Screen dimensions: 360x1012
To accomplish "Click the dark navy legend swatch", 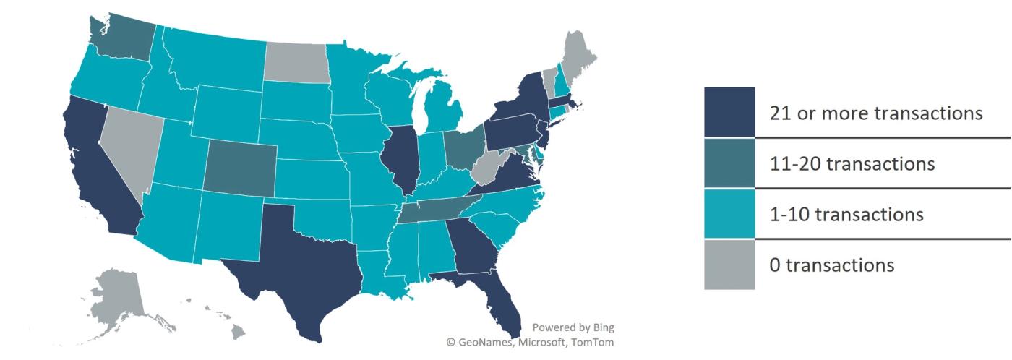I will pyautogui.click(x=729, y=112).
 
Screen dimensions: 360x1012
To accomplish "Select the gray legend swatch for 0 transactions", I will pyautogui.click(x=729, y=265).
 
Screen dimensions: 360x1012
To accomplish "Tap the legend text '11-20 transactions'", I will pyautogui.click(x=852, y=164).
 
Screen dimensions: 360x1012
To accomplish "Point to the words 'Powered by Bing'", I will pyautogui.click(x=573, y=327).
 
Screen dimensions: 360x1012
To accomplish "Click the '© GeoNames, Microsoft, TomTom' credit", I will pyautogui.click(x=530, y=342).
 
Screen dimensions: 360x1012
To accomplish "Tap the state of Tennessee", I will pyautogui.click(x=434, y=210).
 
